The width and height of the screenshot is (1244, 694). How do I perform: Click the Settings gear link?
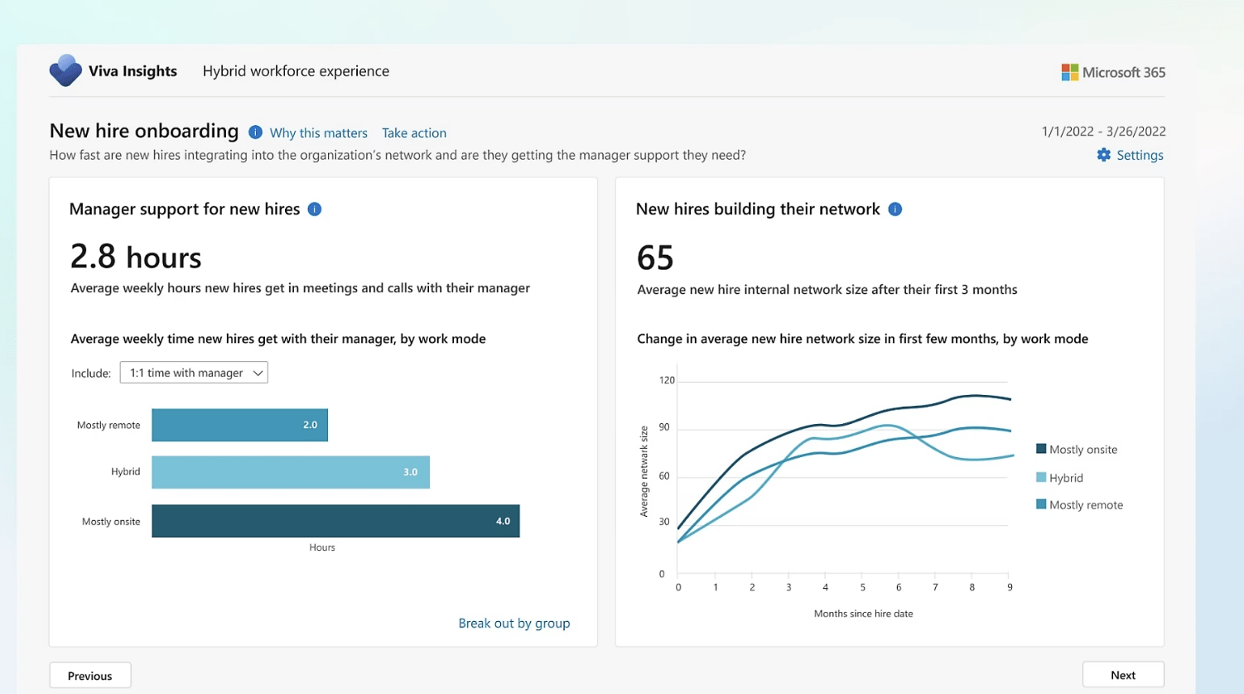pos(1130,155)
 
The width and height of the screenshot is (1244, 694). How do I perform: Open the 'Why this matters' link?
pos(318,133)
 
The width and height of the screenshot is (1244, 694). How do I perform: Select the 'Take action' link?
pos(414,133)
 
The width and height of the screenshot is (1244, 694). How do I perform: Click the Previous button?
pos(89,675)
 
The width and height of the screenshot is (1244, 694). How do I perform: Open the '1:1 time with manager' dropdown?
pos(194,373)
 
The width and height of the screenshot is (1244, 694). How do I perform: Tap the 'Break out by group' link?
pos(514,623)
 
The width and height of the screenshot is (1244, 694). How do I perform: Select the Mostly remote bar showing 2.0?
pos(239,425)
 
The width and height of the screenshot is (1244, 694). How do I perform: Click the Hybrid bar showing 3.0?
pos(290,472)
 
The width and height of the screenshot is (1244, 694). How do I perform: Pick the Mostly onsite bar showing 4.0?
pos(335,521)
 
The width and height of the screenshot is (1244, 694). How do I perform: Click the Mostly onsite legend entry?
pos(1077,449)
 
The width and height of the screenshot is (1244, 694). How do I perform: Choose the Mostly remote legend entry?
pos(1079,504)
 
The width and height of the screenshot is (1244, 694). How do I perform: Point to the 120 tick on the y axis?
pos(667,380)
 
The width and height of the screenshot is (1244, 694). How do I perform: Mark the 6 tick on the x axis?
pos(899,587)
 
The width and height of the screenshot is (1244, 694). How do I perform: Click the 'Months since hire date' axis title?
pos(863,614)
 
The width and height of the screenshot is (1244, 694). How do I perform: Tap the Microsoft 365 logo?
pos(1113,72)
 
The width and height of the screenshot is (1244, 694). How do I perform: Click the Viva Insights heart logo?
pos(65,71)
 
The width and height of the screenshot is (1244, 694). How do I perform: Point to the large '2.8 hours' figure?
pos(136,257)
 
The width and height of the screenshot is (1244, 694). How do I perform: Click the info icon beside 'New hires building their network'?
pos(894,210)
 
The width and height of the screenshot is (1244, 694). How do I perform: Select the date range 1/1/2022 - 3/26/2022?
pos(1103,131)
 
